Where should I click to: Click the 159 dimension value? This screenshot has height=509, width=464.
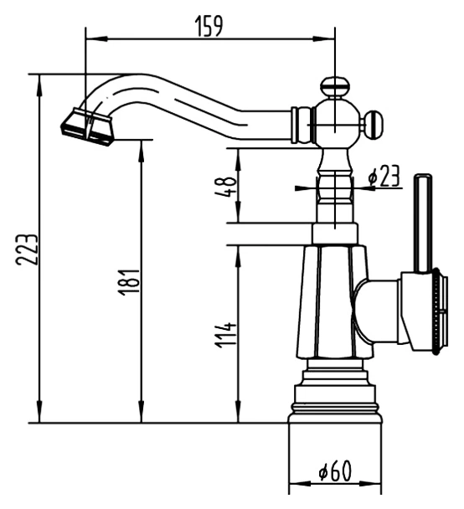[x=209, y=26]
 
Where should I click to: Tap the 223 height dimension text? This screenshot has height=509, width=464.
[x=27, y=249]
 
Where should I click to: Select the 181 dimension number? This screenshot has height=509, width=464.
[x=129, y=282]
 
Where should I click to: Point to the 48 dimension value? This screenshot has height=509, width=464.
[x=225, y=187]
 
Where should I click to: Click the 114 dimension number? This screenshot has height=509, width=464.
[x=225, y=335]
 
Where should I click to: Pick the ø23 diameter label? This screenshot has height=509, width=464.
[x=384, y=177]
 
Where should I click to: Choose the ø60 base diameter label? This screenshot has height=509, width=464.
[x=335, y=470]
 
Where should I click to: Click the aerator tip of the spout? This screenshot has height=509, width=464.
[x=87, y=126]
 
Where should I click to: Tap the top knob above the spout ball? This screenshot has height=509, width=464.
[x=335, y=86]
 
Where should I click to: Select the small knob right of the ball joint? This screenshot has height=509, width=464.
[x=374, y=125]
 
